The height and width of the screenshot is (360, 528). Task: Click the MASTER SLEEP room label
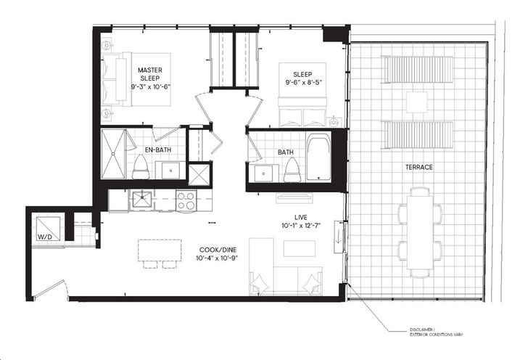click(150, 74)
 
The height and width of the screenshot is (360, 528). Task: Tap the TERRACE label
click(419, 167)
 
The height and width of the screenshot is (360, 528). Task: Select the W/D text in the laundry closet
click(45, 237)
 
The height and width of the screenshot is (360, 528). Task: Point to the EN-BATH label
click(158, 150)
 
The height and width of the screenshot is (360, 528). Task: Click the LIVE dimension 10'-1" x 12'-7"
click(301, 226)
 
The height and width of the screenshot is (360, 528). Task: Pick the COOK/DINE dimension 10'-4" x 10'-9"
click(218, 258)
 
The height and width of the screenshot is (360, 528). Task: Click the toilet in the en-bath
click(141, 167)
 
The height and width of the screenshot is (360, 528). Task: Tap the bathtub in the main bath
click(318, 157)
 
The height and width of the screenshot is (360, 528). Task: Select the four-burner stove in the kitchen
click(186, 200)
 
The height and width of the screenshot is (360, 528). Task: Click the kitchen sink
click(141, 199)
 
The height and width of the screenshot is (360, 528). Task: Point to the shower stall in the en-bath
click(113, 154)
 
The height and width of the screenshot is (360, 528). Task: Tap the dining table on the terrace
click(419, 232)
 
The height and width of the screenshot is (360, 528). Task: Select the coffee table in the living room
click(300, 248)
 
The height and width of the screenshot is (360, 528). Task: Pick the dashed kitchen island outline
click(160, 250)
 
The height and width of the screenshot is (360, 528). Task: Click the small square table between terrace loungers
click(416, 102)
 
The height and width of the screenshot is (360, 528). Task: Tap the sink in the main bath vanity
click(263, 173)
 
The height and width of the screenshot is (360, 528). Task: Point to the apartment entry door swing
click(51, 289)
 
